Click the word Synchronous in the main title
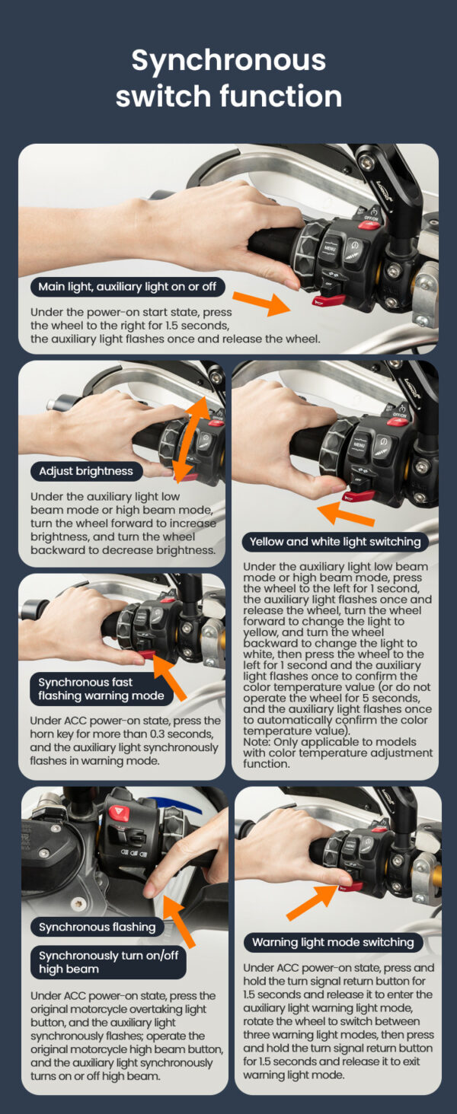click(x=228, y=61)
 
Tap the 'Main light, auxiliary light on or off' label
click(x=127, y=286)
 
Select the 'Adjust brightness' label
click(x=86, y=471)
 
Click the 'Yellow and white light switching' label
click(x=335, y=542)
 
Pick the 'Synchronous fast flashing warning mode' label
click(x=101, y=689)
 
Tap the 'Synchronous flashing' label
click(x=97, y=927)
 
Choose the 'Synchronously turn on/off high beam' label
click(x=108, y=963)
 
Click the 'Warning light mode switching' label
click(x=333, y=942)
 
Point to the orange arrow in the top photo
click(x=262, y=302)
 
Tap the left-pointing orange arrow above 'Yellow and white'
click(x=346, y=514)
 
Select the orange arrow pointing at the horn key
click(x=170, y=677)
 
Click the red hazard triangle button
click(x=119, y=813)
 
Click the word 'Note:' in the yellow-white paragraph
click(x=257, y=742)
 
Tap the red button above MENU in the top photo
click(x=369, y=224)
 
